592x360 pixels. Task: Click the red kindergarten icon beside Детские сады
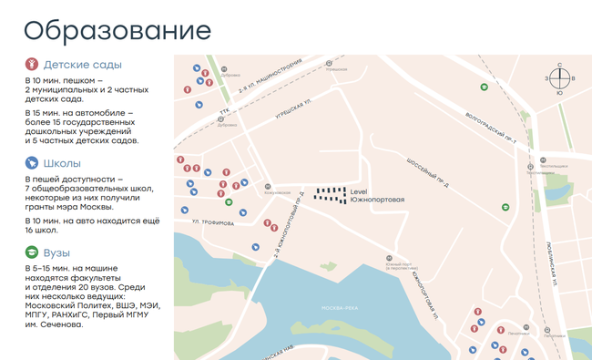tap(32, 65)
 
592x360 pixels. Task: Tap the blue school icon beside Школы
tap(32, 163)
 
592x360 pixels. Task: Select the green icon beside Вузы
tap(32, 252)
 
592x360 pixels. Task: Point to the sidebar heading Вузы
tap(57, 252)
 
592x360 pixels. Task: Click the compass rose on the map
tap(559, 78)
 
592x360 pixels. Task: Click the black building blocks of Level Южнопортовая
tap(331, 193)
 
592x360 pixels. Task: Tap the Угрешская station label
tap(336, 69)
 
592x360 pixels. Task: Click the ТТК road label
tap(223, 112)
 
